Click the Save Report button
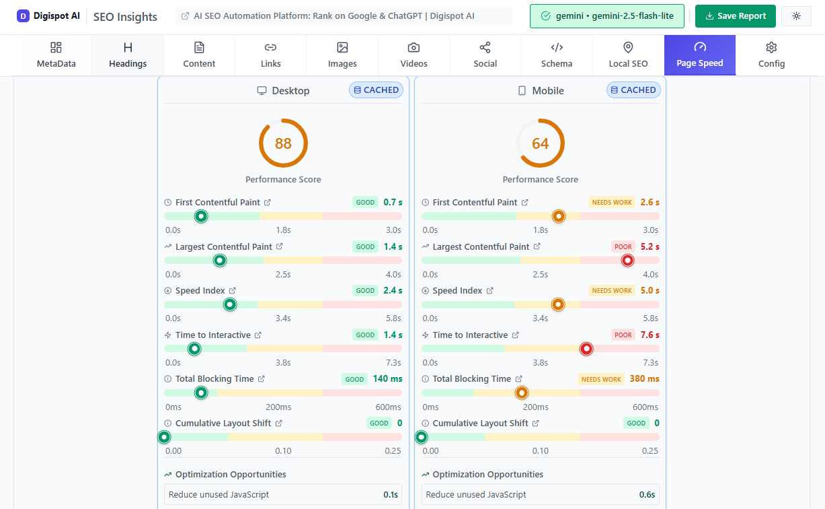[x=735, y=16]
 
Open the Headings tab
[x=128, y=55]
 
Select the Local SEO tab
[x=628, y=55]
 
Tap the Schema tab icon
[x=557, y=47]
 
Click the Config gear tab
[x=771, y=55]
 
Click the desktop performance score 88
[x=283, y=143]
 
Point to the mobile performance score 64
[x=541, y=143]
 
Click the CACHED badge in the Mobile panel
[x=633, y=90]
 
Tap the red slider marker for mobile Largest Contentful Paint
[x=627, y=260]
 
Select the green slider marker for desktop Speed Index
[x=230, y=304]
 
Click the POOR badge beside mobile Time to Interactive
[x=623, y=335]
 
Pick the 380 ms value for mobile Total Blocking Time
[x=644, y=379]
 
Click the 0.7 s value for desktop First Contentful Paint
[x=393, y=202]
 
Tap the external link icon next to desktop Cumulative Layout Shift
[x=279, y=423]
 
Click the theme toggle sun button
[x=796, y=16]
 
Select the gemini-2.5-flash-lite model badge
[x=607, y=16]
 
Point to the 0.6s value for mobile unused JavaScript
[x=647, y=494]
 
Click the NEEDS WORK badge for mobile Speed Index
[x=612, y=291]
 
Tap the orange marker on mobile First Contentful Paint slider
[x=558, y=216]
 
